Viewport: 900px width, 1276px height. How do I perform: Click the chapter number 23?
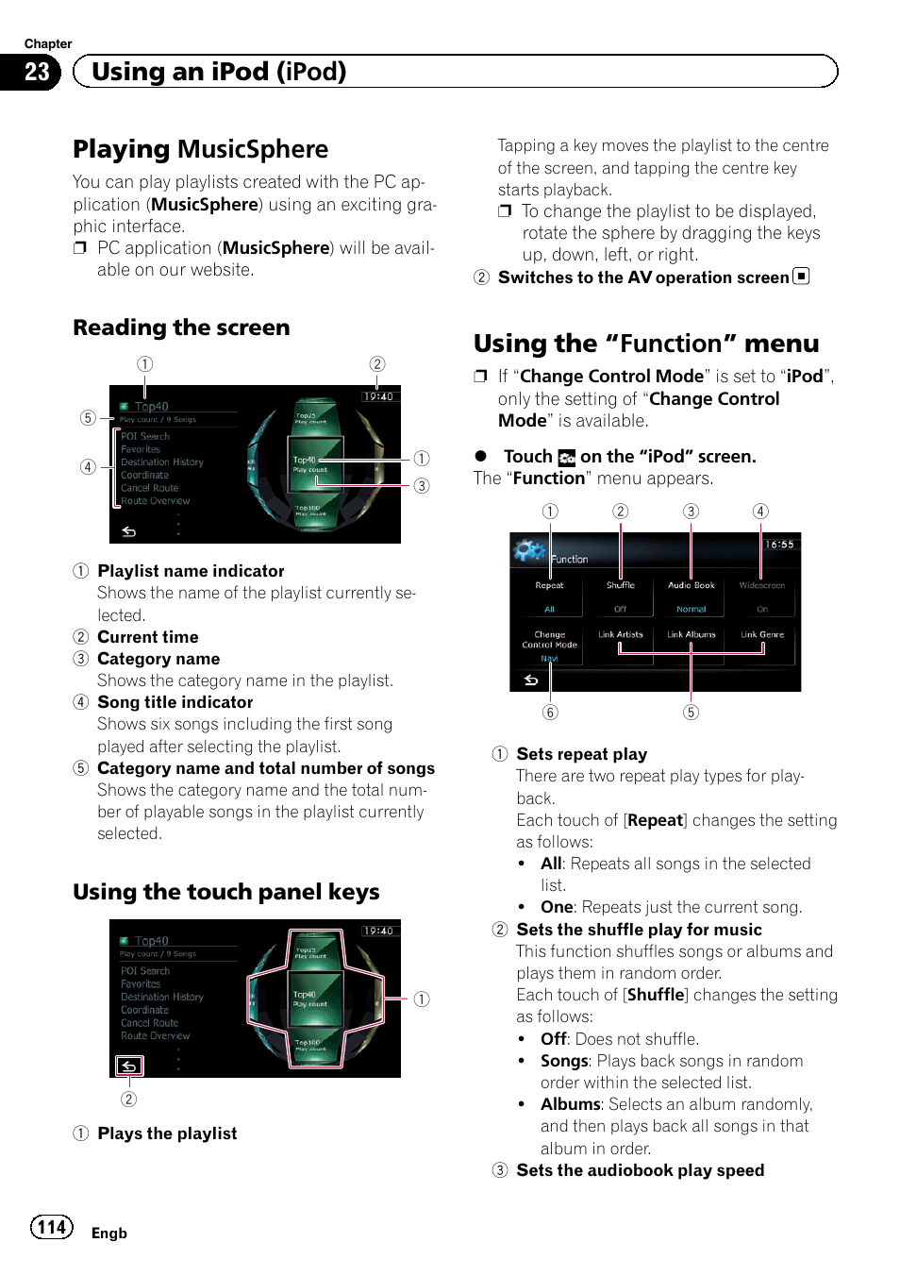click(x=36, y=73)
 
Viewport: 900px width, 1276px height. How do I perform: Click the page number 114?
click(x=52, y=1227)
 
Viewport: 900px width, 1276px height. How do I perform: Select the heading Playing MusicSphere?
click(x=200, y=149)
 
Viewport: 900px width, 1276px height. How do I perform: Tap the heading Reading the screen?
click(x=181, y=327)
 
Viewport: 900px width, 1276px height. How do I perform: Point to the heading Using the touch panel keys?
click(x=225, y=892)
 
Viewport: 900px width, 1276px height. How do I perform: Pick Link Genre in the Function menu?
click(x=762, y=635)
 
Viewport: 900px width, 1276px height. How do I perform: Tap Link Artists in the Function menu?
click(x=620, y=635)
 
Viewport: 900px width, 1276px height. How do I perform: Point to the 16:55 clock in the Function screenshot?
click(x=779, y=545)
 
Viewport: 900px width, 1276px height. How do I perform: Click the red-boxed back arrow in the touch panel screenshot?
click(x=129, y=1066)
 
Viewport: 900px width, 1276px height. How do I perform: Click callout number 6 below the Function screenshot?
click(x=550, y=713)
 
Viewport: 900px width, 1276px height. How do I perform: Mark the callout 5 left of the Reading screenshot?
click(x=88, y=418)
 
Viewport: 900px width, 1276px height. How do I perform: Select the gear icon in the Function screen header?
click(x=529, y=550)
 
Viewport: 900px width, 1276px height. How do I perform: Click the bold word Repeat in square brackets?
click(x=655, y=820)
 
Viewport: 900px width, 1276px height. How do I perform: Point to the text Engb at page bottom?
click(x=108, y=1234)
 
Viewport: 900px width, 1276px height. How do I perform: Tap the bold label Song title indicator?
click(x=175, y=702)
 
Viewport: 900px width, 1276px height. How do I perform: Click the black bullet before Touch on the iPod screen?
click(x=481, y=456)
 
